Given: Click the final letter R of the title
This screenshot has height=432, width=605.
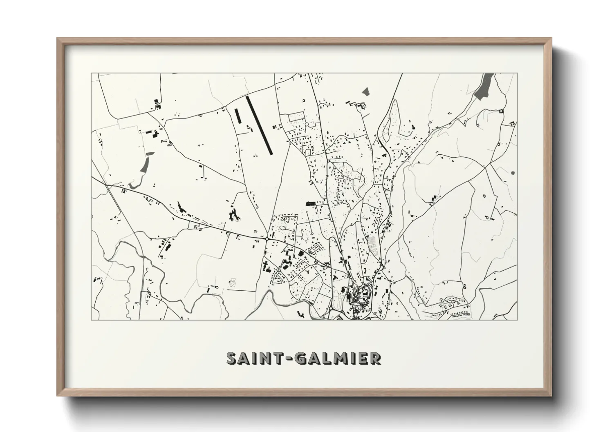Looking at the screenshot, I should click(376, 358).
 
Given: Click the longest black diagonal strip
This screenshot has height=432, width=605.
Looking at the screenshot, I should click(259, 125).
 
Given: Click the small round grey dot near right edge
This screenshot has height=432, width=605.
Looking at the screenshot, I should click(513, 173).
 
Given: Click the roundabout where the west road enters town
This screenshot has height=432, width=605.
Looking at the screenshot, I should click(267, 238).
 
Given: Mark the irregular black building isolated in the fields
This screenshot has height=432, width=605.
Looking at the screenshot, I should click(234, 214).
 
